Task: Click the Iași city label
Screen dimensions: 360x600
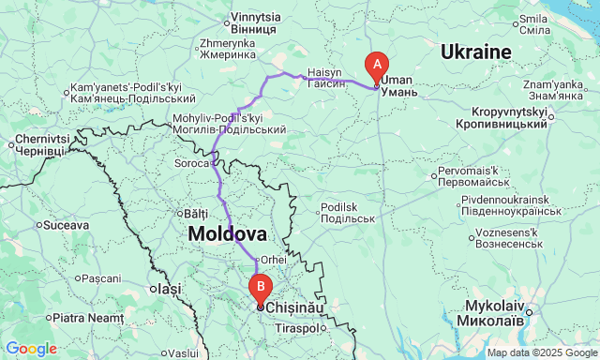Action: pyautogui.click(x=169, y=290)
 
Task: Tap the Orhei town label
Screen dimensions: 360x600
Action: pyautogui.click(x=273, y=260)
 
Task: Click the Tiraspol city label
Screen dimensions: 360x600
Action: pyautogui.click(x=295, y=329)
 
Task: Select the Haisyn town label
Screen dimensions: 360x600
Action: pyautogui.click(x=326, y=77)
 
